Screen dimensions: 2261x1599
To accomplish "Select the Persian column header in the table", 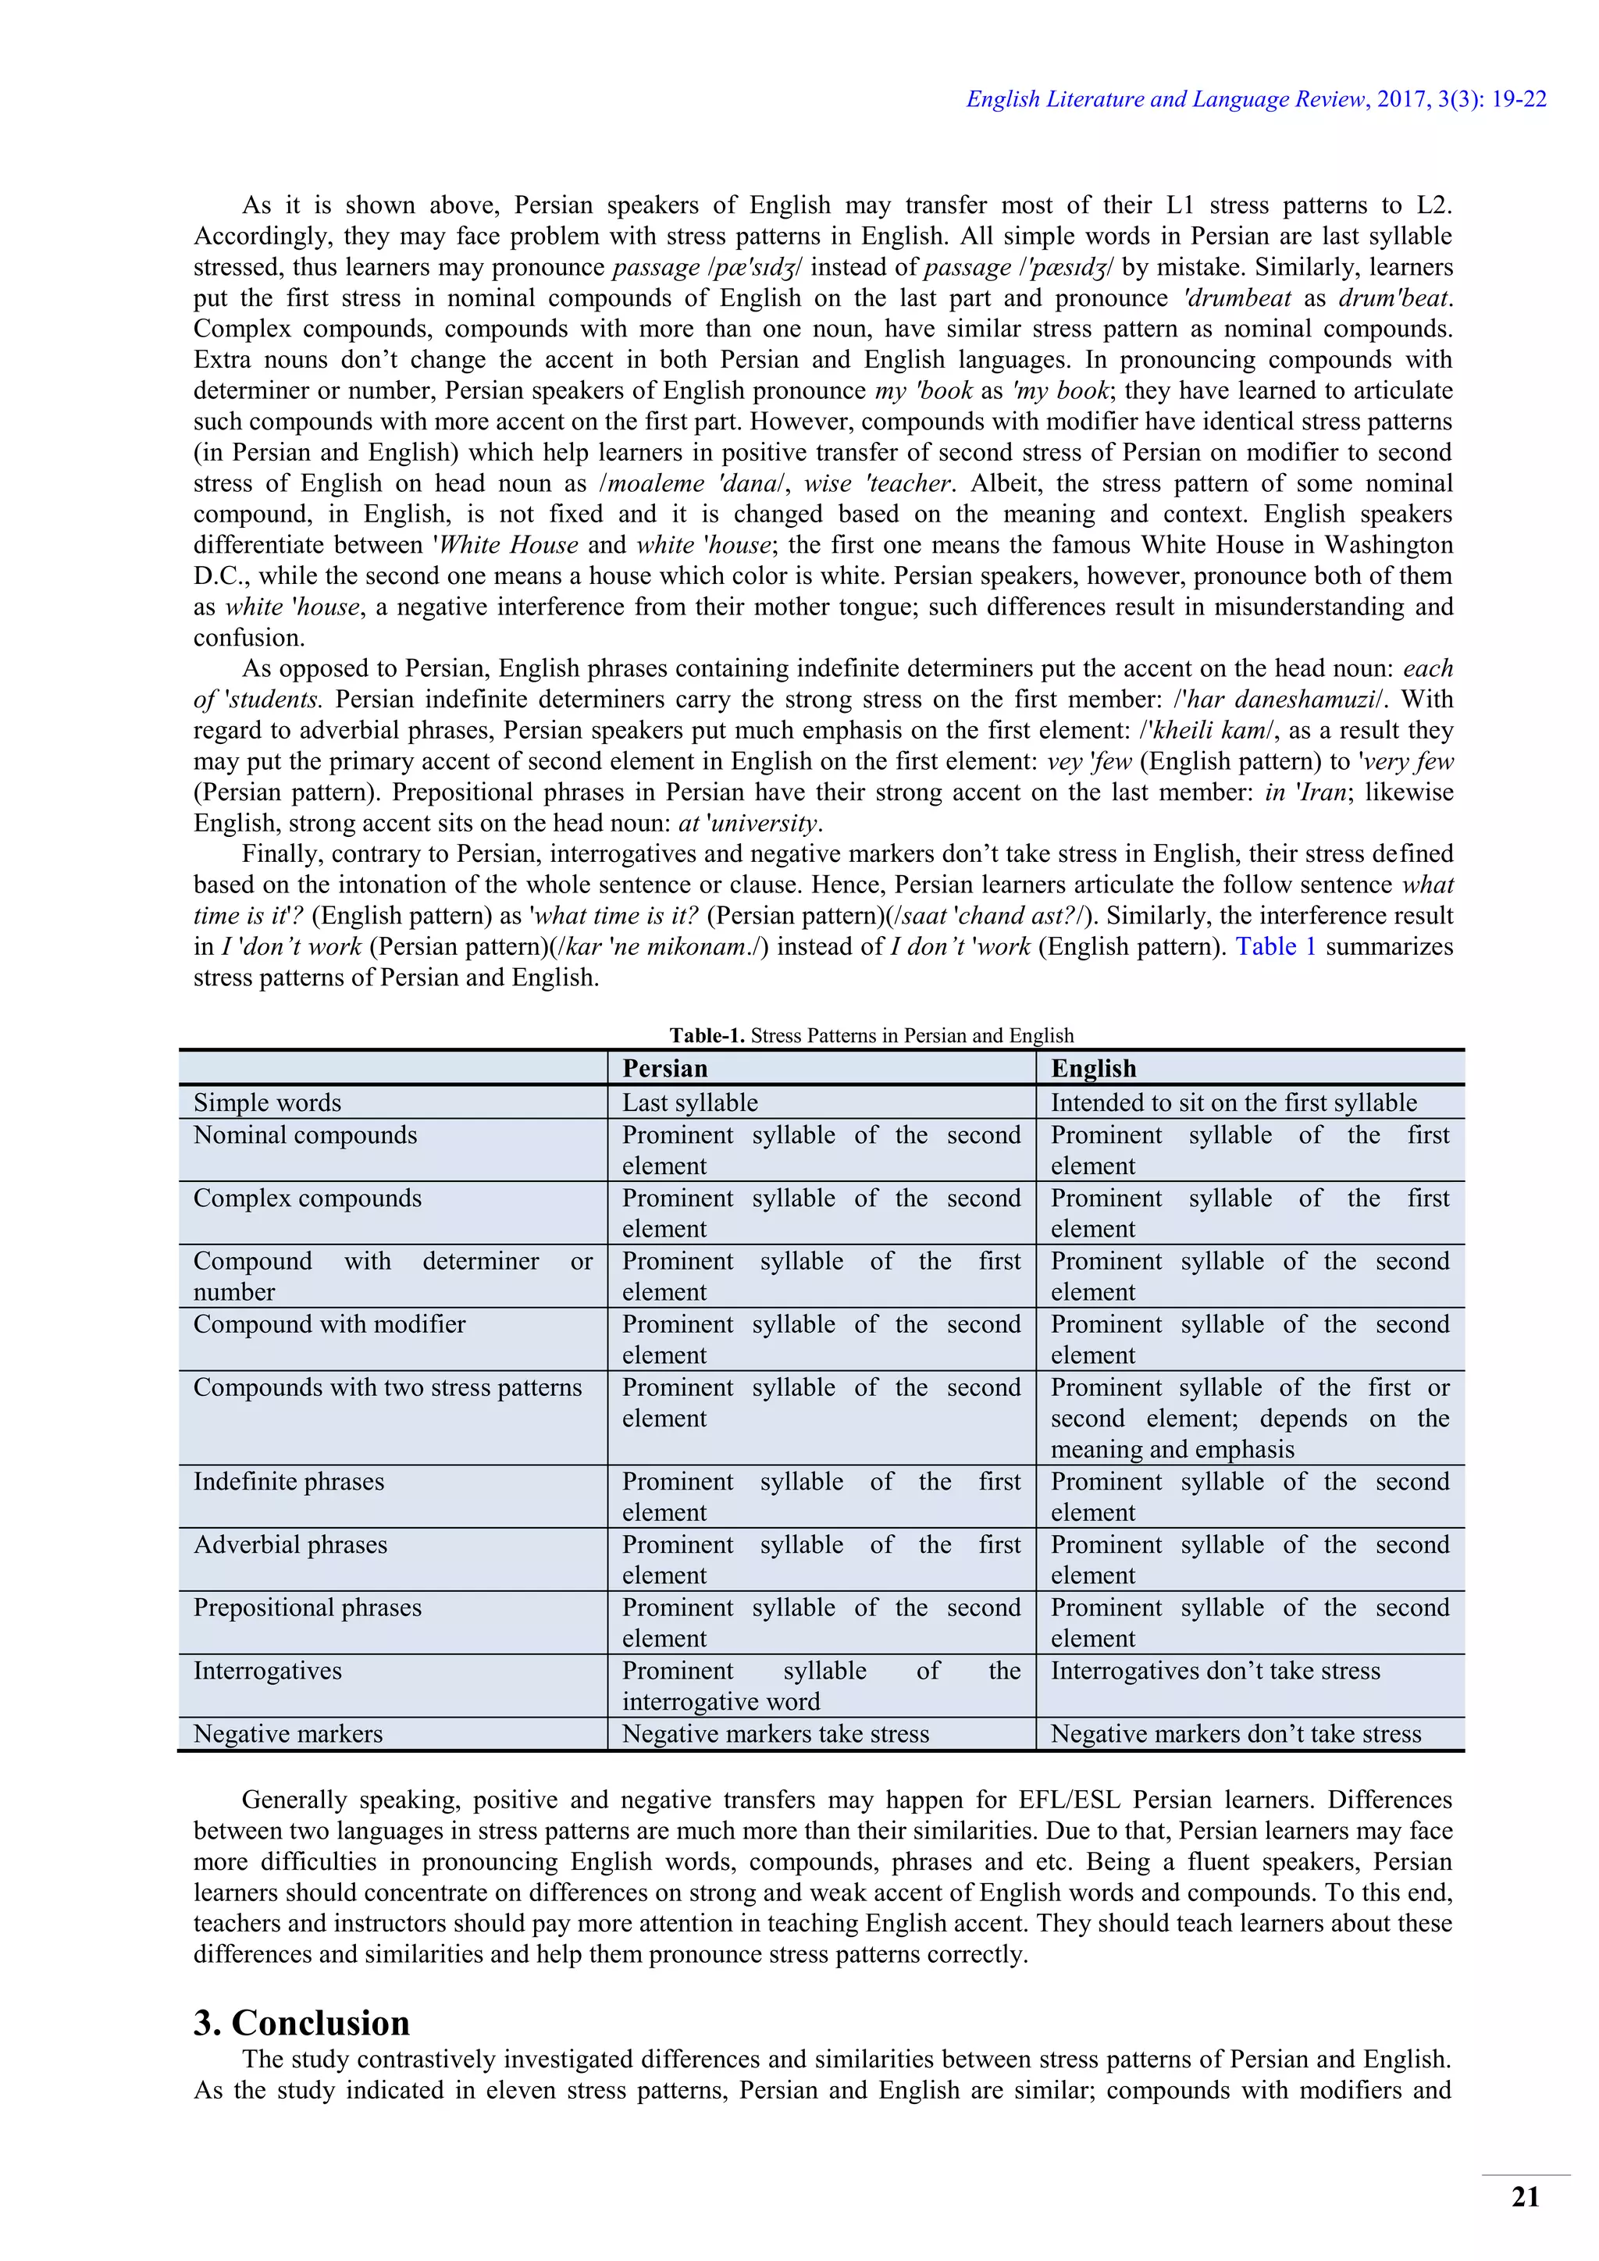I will (665, 1069).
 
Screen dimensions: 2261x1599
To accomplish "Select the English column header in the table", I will (1093, 1069).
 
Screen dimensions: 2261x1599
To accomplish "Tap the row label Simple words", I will (267, 1103).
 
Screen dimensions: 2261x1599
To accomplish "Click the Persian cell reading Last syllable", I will (689, 1103).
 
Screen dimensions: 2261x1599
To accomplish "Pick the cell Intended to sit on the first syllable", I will (1234, 1103).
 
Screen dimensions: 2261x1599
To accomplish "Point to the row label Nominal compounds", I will (305, 1135).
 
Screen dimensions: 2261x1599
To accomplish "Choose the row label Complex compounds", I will (307, 1198).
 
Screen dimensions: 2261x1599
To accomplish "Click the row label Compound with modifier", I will (329, 1324).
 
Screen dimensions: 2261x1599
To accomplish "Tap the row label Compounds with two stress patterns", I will (387, 1387).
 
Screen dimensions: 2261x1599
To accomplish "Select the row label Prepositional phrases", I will (307, 1608).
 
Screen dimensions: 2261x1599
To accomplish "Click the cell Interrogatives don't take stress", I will (1215, 1671).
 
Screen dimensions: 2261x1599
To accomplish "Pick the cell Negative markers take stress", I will (775, 1734).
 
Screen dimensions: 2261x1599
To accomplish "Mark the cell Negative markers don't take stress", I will (1236, 1734).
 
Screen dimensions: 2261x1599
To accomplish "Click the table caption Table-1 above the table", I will (871, 1035).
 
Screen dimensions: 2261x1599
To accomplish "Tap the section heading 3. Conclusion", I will (301, 2024).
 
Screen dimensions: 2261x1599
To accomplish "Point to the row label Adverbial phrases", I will (290, 1545).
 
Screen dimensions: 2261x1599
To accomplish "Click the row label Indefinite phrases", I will (288, 1482).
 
